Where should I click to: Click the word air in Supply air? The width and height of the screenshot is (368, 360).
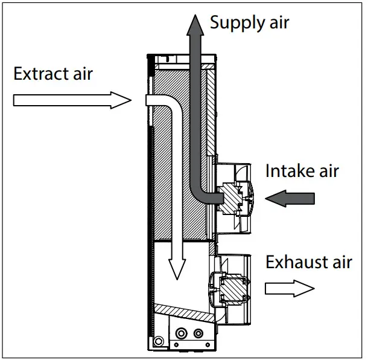click(x=276, y=23)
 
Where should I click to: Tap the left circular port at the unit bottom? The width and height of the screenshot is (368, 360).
click(x=181, y=332)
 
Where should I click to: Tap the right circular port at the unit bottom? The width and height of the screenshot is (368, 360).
click(x=198, y=332)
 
